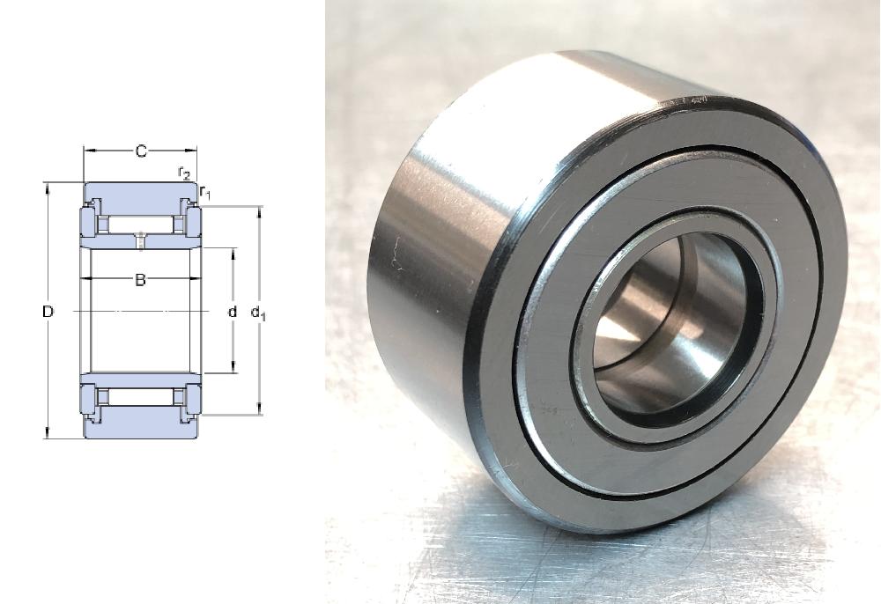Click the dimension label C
(x=141, y=151)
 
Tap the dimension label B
(x=140, y=279)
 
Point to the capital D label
(x=48, y=311)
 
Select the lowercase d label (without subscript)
(x=232, y=311)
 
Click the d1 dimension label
(x=258, y=313)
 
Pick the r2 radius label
(x=184, y=173)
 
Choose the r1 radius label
(x=205, y=192)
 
